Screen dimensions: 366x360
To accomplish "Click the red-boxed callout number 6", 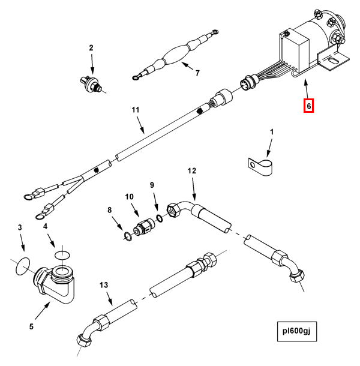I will [309, 106].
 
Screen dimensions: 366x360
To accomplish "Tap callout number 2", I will [92, 47].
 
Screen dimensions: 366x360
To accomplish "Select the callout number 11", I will [136, 110].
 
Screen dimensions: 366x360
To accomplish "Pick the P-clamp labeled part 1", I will [259, 164].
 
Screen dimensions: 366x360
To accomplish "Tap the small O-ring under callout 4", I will [62, 254].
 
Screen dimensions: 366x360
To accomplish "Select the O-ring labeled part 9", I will [160, 218].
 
